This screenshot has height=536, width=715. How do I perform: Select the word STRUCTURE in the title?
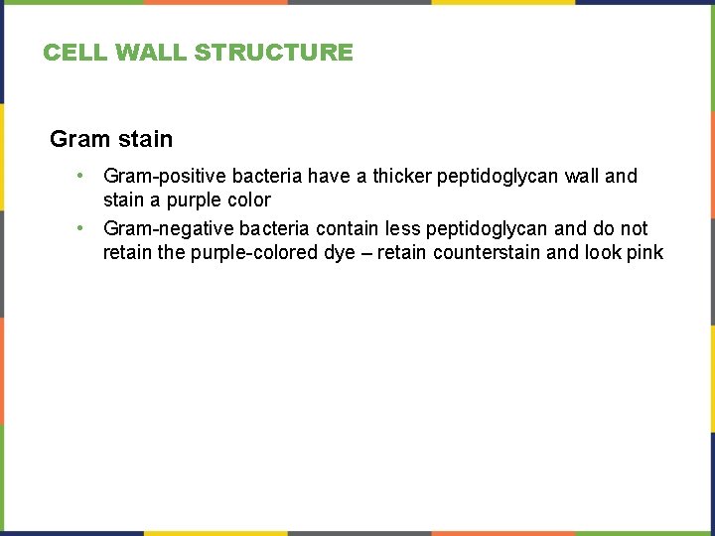tap(273, 53)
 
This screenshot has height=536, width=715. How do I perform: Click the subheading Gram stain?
tap(111, 139)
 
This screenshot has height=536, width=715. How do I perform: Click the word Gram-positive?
tap(164, 177)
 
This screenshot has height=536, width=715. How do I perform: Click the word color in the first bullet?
tap(246, 200)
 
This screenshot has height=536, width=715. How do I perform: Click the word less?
tap(403, 228)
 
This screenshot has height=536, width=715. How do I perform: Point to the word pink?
tap(644, 252)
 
